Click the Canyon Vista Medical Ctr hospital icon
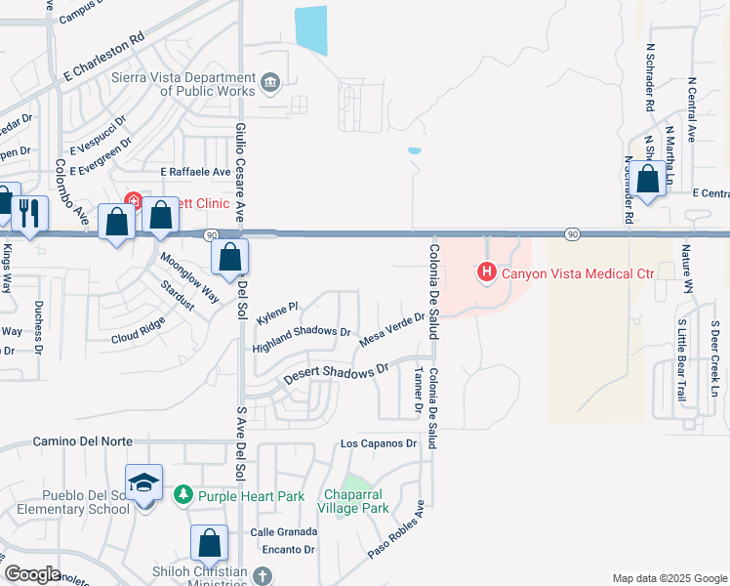click(487, 272)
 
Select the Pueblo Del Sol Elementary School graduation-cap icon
click(142, 481)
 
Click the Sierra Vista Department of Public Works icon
click(270, 80)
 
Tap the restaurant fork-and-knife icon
click(28, 213)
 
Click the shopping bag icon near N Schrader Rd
click(647, 179)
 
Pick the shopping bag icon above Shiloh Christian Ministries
click(209, 542)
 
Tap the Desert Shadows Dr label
click(336, 373)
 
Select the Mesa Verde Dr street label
click(391, 328)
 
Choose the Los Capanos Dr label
click(378, 443)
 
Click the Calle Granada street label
click(284, 531)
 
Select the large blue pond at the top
click(311, 29)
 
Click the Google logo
click(32, 573)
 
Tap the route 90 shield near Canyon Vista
click(572, 234)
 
